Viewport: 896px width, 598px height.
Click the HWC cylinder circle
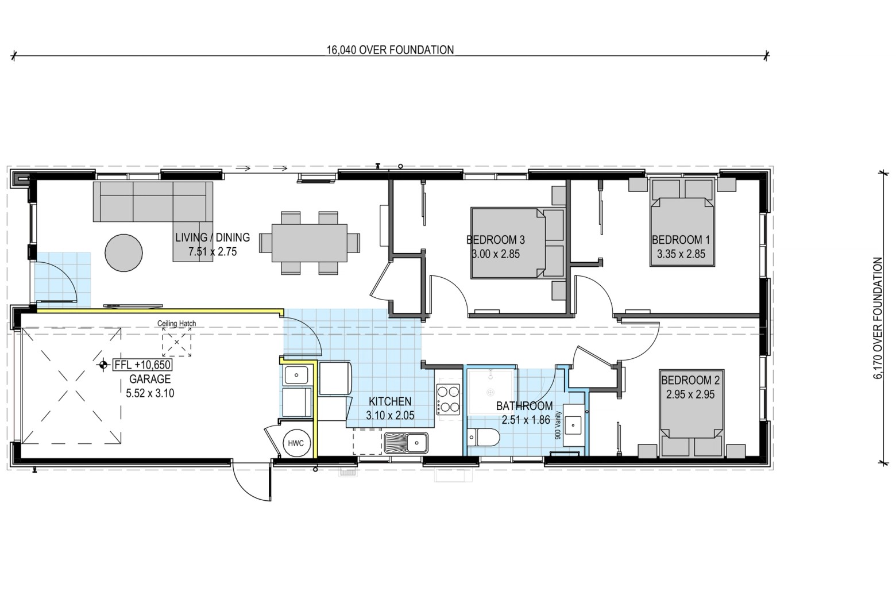coord(296,443)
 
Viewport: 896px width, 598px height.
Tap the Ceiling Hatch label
coord(176,323)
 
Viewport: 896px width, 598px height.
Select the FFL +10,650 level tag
coord(143,365)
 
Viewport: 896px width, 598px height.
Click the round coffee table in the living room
coord(123,253)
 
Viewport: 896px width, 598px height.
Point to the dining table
coord(309,243)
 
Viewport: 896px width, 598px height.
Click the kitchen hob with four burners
coord(448,399)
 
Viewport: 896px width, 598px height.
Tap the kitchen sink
coord(406,443)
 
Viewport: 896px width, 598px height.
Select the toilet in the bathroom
coord(483,438)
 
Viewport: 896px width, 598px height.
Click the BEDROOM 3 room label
coord(496,240)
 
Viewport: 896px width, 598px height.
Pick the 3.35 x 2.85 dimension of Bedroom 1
coord(681,254)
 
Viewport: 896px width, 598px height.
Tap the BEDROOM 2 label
coord(690,380)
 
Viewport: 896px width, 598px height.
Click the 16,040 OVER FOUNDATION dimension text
coord(390,50)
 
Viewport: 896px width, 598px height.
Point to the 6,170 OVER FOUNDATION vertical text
coord(878,318)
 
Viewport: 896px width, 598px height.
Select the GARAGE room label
coord(150,379)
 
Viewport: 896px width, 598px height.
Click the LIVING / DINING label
coord(213,237)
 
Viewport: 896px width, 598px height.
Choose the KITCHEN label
coord(390,401)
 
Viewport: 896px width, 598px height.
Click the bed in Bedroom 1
coord(682,223)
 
